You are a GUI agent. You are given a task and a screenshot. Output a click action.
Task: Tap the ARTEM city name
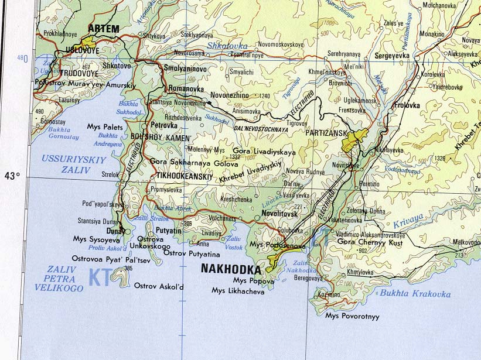point(103,28)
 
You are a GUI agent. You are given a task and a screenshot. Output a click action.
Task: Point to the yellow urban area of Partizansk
point(354,140)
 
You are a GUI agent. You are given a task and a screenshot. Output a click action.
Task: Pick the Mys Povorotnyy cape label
point(352,316)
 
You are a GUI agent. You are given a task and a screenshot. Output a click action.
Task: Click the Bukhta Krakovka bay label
point(415,294)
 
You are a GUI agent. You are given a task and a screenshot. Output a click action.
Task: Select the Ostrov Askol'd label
point(159,286)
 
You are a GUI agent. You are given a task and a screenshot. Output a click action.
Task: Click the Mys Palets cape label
point(105,126)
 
